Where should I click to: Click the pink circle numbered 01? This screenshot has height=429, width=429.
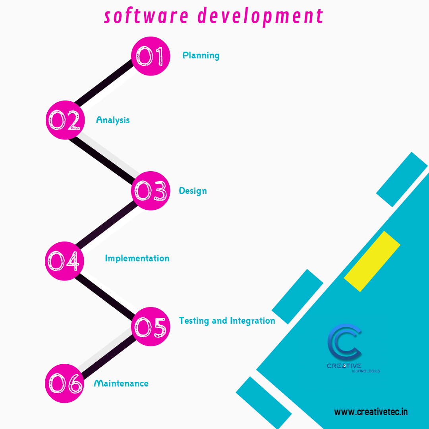point(151,56)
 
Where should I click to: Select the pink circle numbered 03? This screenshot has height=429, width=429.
point(151,191)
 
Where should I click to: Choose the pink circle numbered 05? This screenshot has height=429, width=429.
point(151,327)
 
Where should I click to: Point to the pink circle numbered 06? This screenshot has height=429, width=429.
point(64,383)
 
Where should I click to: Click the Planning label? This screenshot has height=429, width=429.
point(201,55)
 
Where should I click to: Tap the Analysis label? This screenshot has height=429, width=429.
point(113,120)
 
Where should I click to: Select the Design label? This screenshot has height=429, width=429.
point(193,191)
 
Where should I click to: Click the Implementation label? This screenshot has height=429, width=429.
point(137,258)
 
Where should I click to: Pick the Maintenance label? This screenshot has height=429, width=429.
point(121,383)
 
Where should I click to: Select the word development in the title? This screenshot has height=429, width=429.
point(260,17)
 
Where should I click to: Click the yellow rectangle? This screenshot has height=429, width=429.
point(372,261)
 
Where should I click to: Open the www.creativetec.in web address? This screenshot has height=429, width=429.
point(371,412)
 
